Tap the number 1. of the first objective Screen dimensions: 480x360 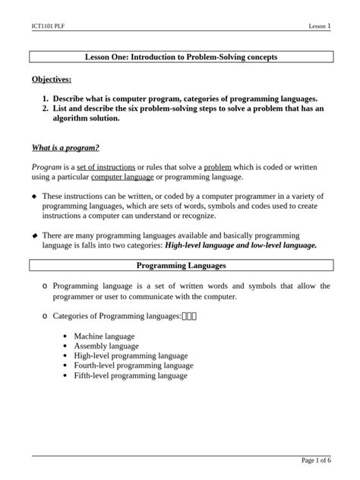(x=46, y=99)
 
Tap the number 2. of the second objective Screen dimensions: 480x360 (x=46, y=109)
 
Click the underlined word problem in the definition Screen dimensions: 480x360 (x=218, y=166)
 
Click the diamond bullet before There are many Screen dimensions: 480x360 (x=33, y=236)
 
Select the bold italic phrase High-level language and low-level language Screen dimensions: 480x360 (x=241, y=245)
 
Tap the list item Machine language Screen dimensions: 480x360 (x=104, y=335)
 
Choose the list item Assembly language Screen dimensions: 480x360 (x=106, y=345)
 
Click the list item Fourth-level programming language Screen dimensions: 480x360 (x=130, y=365)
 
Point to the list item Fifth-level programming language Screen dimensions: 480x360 (x=130, y=374)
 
